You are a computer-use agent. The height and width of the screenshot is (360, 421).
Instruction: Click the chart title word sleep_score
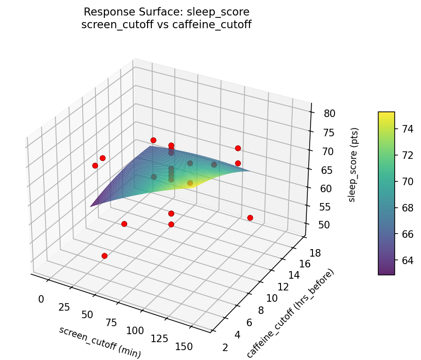click(218, 11)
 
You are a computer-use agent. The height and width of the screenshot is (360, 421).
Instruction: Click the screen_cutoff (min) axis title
click(100, 342)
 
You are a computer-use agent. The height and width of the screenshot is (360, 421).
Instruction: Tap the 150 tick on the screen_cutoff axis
click(184, 346)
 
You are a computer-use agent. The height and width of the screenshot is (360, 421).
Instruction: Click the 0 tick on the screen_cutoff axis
click(41, 299)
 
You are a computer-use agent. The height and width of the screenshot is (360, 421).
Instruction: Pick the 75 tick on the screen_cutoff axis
click(112, 323)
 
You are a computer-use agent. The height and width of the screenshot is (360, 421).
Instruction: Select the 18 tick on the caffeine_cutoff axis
click(316, 253)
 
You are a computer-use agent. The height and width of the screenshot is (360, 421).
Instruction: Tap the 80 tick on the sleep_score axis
click(329, 114)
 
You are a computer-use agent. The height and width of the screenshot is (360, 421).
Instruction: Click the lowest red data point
click(104, 256)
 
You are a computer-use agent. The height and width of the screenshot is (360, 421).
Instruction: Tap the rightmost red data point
click(250, 218)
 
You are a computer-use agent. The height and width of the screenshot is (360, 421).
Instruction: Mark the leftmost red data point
click(95, 165)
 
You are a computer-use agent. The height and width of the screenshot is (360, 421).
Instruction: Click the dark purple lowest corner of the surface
click(91, 206)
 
